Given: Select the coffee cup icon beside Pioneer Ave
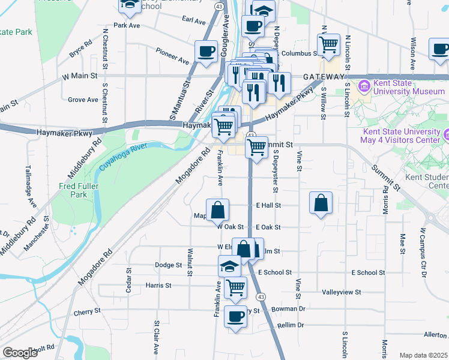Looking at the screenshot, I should coord(206,52).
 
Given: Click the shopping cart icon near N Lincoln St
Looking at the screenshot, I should coord(328,44).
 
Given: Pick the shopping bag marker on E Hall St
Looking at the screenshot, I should coord(321,203).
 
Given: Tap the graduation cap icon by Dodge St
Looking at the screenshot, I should coord(229,266).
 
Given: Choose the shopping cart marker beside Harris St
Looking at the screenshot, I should coord(235,288).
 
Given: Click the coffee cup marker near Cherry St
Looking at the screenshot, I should coord(235,316).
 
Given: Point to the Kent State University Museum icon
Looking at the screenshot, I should coord(364,88).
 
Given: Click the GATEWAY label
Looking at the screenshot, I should coord(324,77).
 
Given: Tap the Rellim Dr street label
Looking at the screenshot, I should coord(291,325).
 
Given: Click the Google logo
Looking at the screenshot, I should coord(20,352).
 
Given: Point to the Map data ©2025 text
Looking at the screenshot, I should coord(423,355).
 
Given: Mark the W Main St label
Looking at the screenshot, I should coord(80,76).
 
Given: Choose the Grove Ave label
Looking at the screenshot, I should coord(83,100).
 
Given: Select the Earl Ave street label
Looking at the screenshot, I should coord(193,20).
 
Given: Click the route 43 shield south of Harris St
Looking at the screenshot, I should coord(261,296).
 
